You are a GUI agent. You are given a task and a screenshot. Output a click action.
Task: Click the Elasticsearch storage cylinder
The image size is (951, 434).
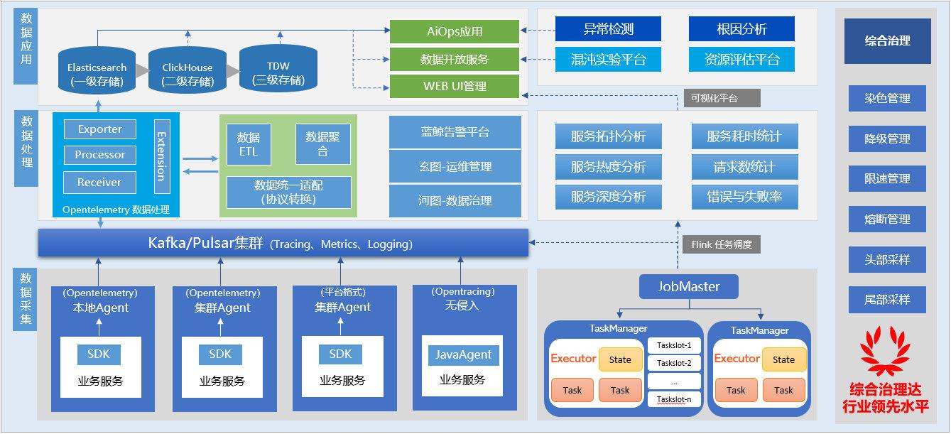[97, 73]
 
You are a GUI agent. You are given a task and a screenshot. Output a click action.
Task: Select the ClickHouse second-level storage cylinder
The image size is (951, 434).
[188, 73]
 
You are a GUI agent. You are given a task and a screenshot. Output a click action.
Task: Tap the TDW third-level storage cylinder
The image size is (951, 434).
[278, 72]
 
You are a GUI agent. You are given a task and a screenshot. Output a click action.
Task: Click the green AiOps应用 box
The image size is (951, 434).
[455, 31]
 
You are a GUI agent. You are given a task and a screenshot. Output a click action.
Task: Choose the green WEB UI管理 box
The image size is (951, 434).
[455, 86]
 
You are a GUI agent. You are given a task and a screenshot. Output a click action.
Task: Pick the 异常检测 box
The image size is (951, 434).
[608, 29]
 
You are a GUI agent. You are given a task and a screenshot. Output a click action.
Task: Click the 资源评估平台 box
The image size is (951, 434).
[741, 60]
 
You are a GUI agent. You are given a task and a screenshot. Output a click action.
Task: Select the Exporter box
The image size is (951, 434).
[99, 129]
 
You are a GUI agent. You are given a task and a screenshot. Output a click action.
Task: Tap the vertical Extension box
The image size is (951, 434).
[162, 156]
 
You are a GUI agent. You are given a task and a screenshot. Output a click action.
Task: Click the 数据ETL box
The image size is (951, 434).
[249, 144]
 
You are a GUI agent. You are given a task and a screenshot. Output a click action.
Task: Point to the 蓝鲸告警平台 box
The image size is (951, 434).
[455, 132]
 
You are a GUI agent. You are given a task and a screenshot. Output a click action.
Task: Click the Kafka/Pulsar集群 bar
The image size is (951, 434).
[283, 243]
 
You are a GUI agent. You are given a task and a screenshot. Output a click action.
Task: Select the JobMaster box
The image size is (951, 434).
[689, 287]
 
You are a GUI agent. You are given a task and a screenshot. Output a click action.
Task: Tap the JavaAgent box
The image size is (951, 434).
[463, 355]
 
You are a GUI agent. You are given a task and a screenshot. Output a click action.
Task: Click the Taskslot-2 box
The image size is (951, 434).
[674, 363]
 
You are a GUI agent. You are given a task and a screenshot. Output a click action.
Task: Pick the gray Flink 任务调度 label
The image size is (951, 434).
[720, 244]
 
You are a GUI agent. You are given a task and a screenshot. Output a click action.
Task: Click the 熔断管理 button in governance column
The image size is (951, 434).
[887, 219]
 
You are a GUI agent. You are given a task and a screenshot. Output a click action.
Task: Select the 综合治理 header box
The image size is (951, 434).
[887, 41]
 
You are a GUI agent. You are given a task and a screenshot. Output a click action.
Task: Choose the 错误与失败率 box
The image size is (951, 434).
[744, 197]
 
